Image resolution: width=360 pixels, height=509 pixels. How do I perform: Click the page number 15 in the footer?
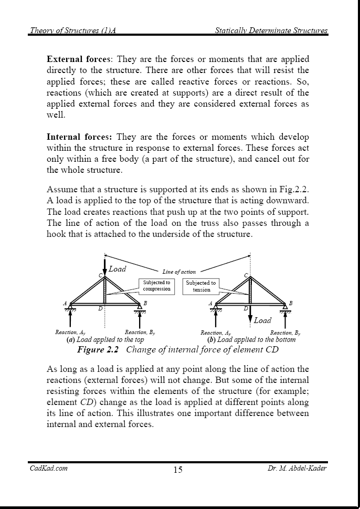[178, 470]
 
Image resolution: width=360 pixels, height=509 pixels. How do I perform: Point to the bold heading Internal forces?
[79, 137]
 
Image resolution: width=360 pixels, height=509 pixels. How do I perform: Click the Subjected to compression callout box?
[156, 286]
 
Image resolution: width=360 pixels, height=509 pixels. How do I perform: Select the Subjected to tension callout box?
[201, 286]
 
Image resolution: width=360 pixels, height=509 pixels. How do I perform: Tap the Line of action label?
[179, 272]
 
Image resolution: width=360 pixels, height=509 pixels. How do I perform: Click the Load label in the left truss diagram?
[118, 269]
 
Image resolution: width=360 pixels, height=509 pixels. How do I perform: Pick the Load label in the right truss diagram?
[262, 320]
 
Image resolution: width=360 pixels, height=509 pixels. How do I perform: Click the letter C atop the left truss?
[100, 275]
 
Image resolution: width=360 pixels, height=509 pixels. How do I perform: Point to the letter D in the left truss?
[100, 309]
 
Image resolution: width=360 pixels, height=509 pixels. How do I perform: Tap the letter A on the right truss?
[210, 304]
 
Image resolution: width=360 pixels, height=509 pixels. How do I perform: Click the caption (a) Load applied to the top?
[105, 340]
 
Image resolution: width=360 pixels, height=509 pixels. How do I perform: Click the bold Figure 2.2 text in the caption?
[98, 349]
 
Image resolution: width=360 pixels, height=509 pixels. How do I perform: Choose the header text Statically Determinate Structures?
[271, 30]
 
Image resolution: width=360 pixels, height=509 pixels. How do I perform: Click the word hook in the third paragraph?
[56, 234]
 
